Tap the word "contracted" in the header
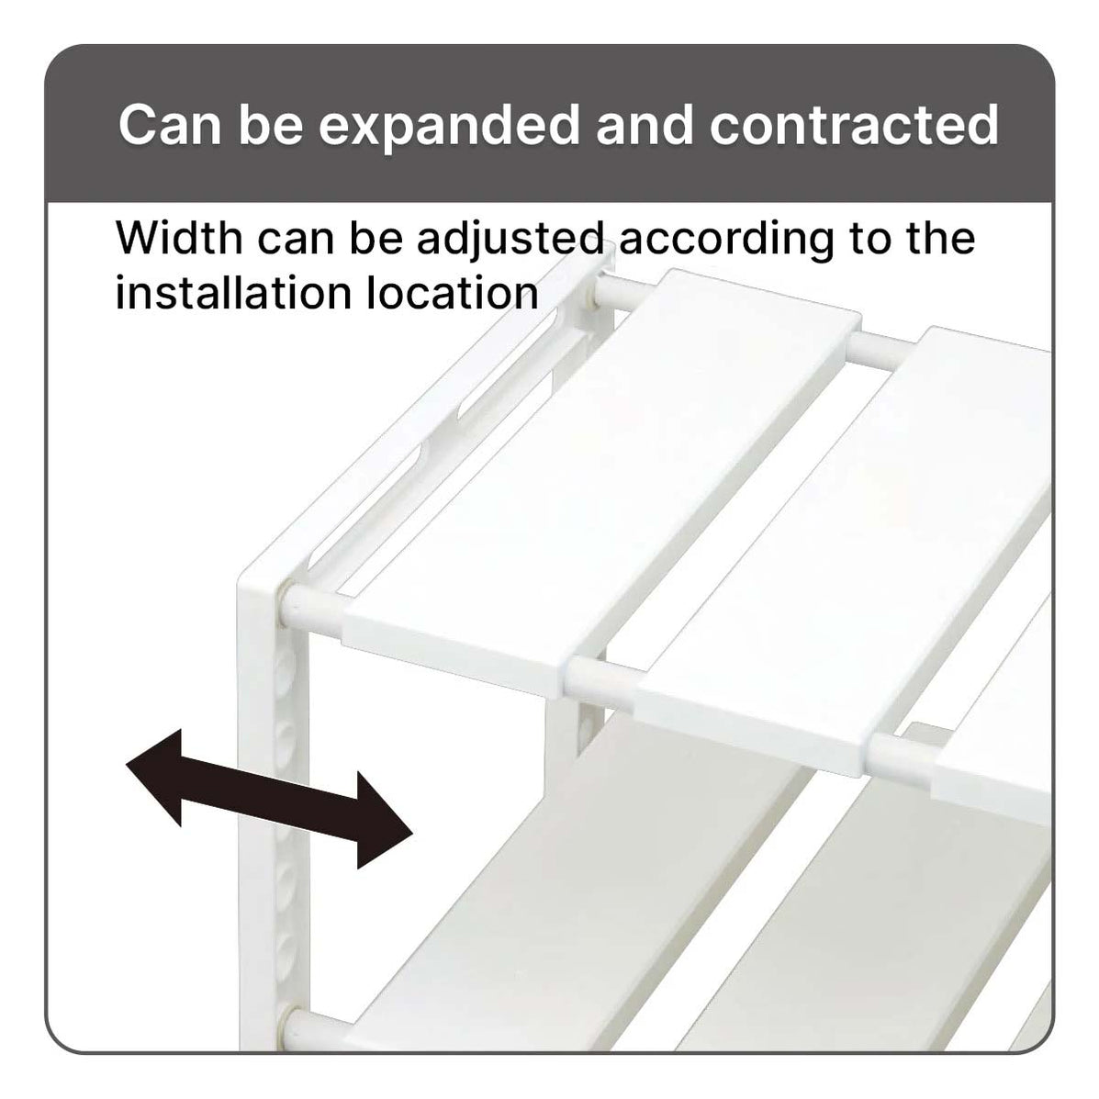coord(854,126)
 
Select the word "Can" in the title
coord(171,126)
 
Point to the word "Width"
coord(179,239)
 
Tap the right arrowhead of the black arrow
coord(386,822)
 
